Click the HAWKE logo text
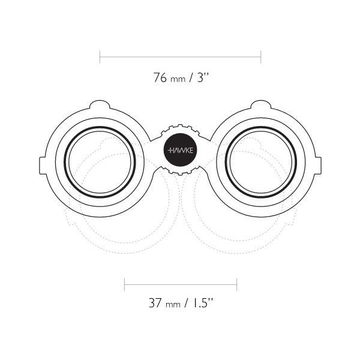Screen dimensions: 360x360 click(181, 151)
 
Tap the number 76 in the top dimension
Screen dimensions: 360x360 click(160, 77)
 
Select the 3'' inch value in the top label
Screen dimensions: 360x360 click(203, 77)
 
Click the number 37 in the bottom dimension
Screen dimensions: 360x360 click(155, 303)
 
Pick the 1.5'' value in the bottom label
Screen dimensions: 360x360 click(202, 302)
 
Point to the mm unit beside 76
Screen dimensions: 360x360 click(178, 79)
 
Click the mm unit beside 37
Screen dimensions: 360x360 click(173, 305)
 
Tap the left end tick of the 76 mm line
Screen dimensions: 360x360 click(100, 57)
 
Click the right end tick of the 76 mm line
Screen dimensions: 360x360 click(261, 57)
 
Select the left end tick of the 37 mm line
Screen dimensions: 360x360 click(124, 284)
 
